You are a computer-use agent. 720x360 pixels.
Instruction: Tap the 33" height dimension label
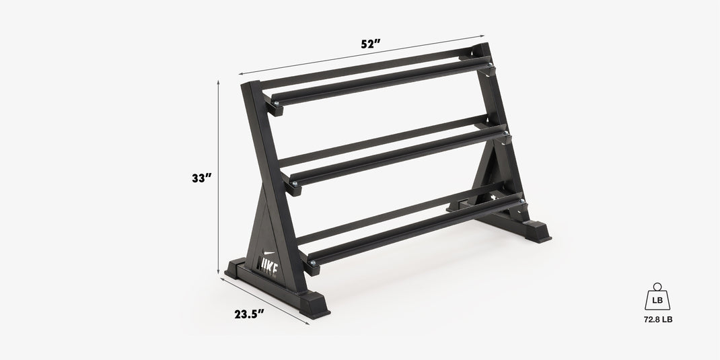click(x=201, y=178)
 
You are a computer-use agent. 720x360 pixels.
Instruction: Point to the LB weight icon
click(x=657, y=297)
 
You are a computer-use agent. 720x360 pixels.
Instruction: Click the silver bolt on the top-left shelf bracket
click(x=275, y=103)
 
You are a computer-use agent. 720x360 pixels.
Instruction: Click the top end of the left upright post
click(x=250, y=85)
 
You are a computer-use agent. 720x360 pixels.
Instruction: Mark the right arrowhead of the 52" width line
click(x=482, y=36)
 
